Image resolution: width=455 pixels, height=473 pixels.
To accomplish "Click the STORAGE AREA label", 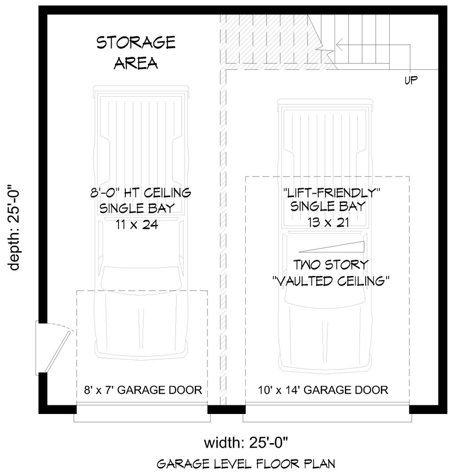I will [x=136, y=53].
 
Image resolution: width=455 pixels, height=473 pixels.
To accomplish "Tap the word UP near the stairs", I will [x=411, y=80].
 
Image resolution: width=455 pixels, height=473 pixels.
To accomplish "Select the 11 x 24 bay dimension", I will [x=136, y=225].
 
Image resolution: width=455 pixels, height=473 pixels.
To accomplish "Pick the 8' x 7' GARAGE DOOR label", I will [x=143, y=390].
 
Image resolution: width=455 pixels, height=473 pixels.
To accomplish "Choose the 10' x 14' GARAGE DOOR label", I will [x=323, y=390].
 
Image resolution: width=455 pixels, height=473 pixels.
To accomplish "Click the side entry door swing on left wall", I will [x=57, y=346].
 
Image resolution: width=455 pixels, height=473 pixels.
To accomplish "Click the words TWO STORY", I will [x=331, y=265].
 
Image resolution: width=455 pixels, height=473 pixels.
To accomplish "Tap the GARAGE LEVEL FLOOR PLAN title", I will [x=246, y=464].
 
